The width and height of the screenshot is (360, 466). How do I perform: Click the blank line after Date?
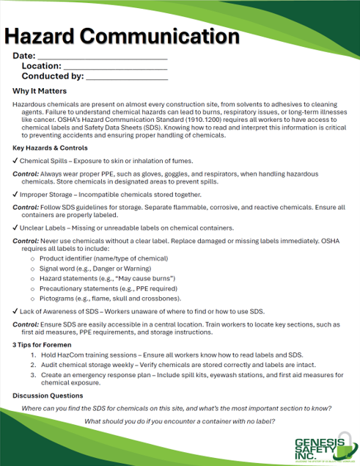tap(102, 57)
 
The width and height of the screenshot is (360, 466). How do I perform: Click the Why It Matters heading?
tap(40, 92)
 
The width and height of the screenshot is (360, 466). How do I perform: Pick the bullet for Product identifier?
tap(32, 259)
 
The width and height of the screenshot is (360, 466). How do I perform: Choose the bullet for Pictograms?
tap(32, 299)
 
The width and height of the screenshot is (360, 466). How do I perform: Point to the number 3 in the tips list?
tap(33, 374)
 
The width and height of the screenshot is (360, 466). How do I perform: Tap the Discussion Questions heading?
tap(48, 396)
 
